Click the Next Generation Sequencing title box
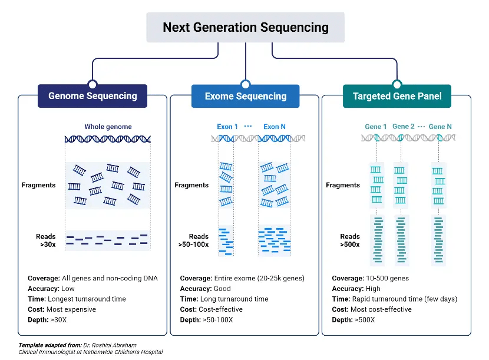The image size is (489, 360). (245, 28)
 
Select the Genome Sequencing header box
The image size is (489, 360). (92, 96)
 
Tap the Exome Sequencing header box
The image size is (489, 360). (245, 96)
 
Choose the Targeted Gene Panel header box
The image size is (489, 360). (397, 96)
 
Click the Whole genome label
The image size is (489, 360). (108, 127)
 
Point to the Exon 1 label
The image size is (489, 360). (227, 127)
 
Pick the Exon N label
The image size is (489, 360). (275, 127)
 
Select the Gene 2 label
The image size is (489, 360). (404, 127)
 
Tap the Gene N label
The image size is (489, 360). (440, 127)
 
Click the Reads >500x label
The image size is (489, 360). (350, 240)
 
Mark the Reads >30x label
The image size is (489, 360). (45, 240)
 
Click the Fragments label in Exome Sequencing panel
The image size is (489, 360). (191, 185)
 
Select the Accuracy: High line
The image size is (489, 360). (356, 289)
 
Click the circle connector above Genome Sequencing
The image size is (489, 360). (92, 84)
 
